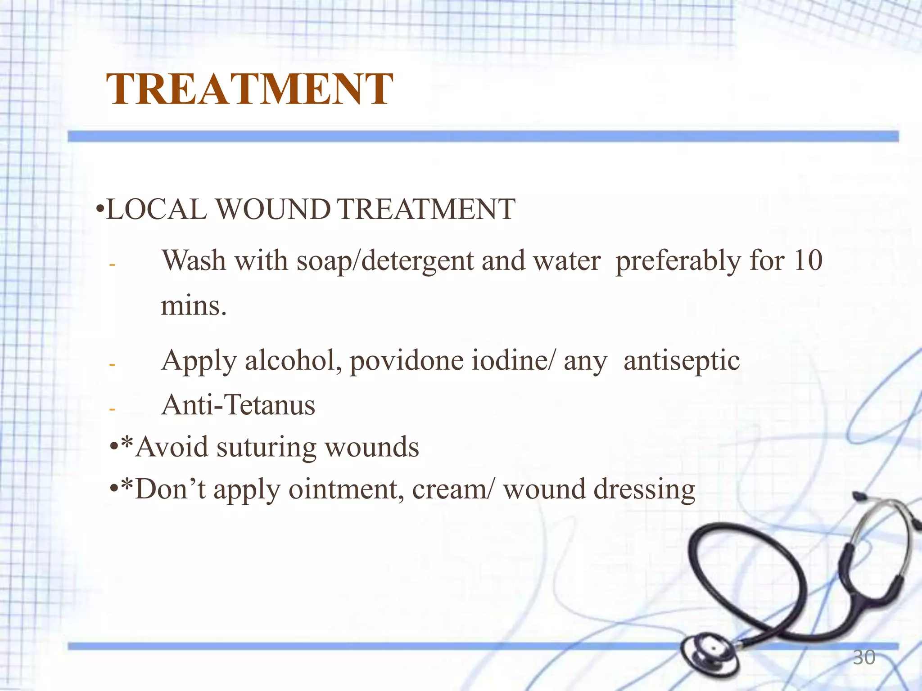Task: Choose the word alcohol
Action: [x=293, y=361]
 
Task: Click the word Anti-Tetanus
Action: [x=238, y=405]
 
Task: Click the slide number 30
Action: [x=864, y=657]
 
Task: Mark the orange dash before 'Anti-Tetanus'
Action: [x=113, y=409]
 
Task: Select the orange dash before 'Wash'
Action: [x=113, y=265]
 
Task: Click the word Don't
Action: [x=171, y=489]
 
